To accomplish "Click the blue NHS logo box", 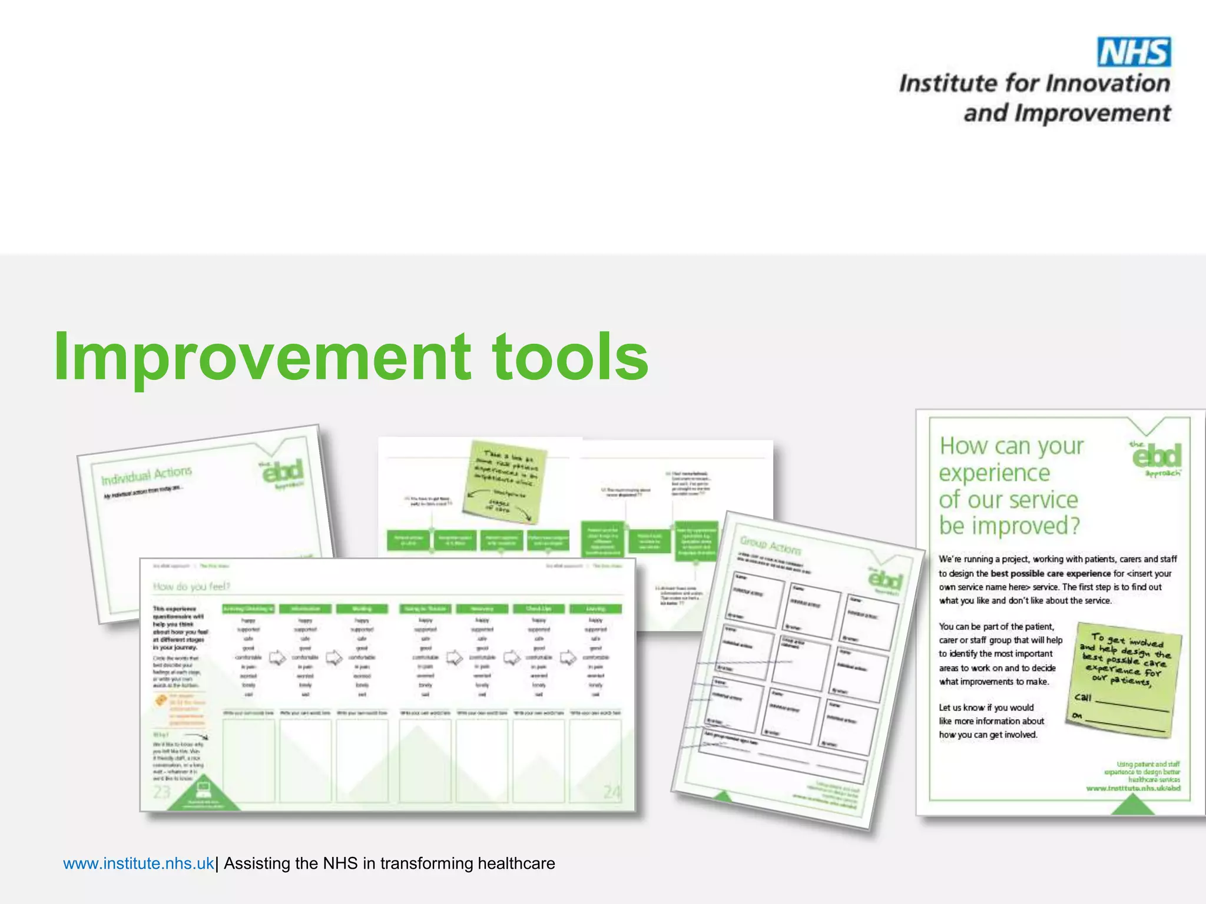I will (x=1134, y=52).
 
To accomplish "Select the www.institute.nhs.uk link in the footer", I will (x=138, y=863).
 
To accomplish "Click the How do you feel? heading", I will (x=191, y=586).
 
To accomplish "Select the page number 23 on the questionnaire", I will (x=162, y=792).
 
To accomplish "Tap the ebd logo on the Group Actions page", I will (x=885, y=580).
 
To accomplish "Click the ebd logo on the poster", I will (x=1157, y=457).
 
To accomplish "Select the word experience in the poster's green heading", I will (x=994, y=473).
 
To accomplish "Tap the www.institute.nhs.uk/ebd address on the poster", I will (x=1133, y=788).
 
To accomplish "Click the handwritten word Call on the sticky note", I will (x=1083, y=697).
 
